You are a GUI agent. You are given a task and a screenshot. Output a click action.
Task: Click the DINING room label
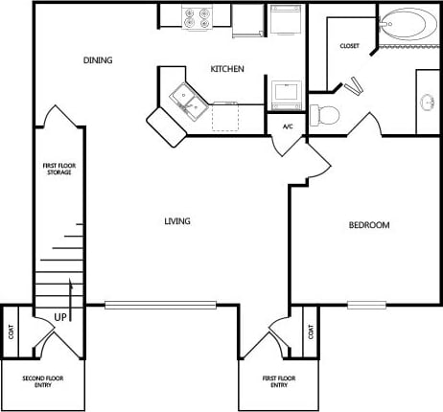tap(98, 60)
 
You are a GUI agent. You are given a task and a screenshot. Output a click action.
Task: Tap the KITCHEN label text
tap(227, 69)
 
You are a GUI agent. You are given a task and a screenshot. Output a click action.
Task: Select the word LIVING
tap(177, 221)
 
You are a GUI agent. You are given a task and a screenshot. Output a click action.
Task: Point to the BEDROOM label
tap(368, 225)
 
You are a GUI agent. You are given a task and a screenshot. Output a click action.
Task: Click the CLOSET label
tap(349, 46)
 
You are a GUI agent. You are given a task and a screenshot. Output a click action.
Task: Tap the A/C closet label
tap(287, 126)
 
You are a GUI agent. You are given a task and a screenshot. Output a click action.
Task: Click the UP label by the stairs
tap(59, 315)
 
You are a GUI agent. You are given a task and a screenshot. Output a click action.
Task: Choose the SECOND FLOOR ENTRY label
tap(43, 381)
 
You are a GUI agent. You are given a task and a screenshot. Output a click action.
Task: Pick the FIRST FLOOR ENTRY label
tap(279, 381)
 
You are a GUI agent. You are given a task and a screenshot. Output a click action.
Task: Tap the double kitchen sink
tap(186, 96)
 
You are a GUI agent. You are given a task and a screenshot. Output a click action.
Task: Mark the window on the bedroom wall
tap(366, 306)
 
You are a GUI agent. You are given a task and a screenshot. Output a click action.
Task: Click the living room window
tap(146, 306)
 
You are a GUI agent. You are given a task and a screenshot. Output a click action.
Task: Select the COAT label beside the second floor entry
tap(12, 331)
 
